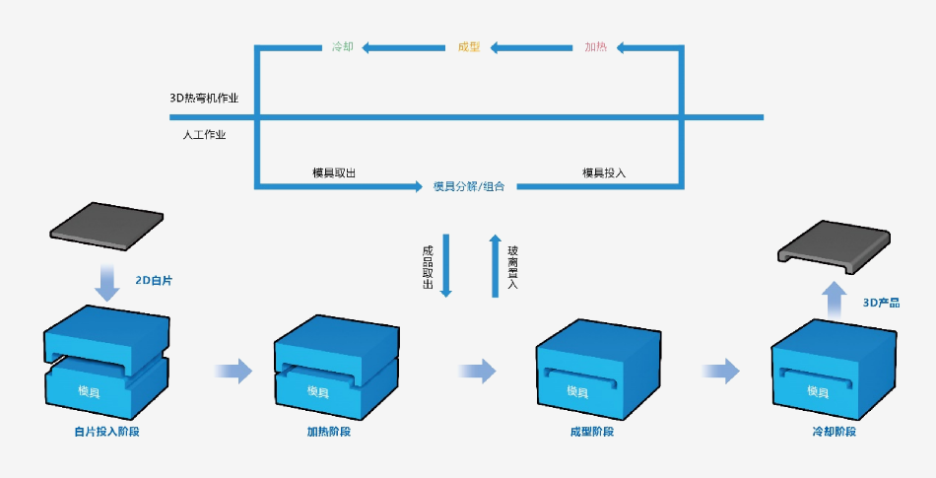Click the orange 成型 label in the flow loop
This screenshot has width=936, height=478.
point(469,46)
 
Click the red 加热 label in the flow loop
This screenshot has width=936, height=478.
point(595,46)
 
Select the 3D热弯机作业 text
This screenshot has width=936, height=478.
point(204,99)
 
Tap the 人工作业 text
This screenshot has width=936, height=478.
point(204,135)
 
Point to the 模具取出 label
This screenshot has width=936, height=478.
point(334,172)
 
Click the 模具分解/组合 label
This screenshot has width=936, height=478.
point(469,185)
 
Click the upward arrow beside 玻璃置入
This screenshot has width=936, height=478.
point(495,266)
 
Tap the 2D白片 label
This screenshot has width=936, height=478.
point(154,281)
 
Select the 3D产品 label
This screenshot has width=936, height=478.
point(881,303)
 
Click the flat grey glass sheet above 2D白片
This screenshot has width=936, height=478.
point(106,226)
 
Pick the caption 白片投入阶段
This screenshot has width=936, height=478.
point(106,432)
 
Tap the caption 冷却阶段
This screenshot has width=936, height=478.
point(834,432)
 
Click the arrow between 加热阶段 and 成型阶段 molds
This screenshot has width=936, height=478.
point(478,371)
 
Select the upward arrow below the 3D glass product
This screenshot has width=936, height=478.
point(835,298)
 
